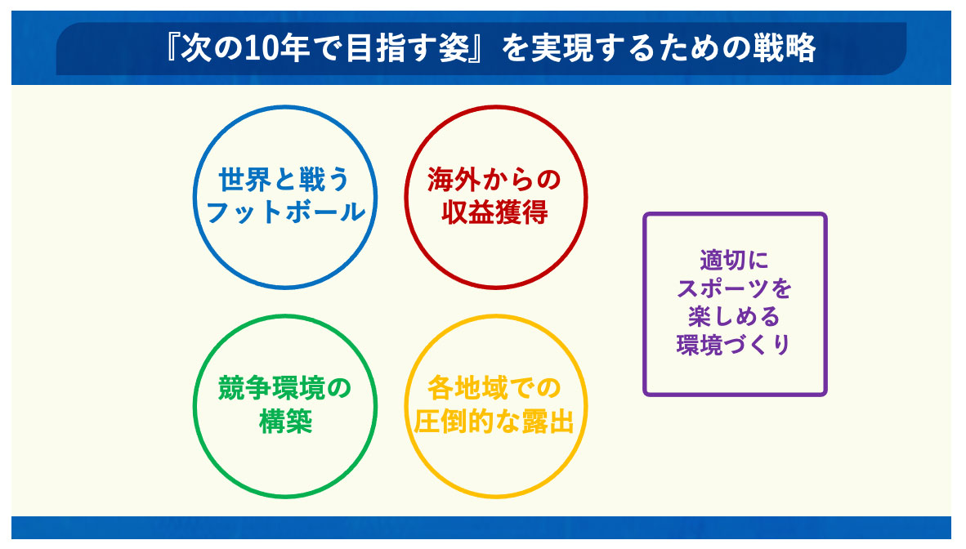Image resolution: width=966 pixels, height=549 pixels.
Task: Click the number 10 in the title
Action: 262,49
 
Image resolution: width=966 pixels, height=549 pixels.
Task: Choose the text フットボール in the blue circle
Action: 285,212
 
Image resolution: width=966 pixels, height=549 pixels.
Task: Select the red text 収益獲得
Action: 494,212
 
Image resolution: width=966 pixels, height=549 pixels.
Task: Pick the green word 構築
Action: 285,422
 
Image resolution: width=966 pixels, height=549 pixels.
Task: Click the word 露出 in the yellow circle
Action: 548,422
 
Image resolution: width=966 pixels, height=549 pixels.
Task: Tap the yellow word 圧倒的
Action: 454,422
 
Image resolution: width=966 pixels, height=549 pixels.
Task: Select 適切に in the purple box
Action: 735,260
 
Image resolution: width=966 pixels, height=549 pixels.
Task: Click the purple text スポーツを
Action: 735,288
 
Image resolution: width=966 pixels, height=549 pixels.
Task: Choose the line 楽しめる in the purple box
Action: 735,317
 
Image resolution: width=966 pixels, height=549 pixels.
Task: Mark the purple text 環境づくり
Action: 734,345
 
